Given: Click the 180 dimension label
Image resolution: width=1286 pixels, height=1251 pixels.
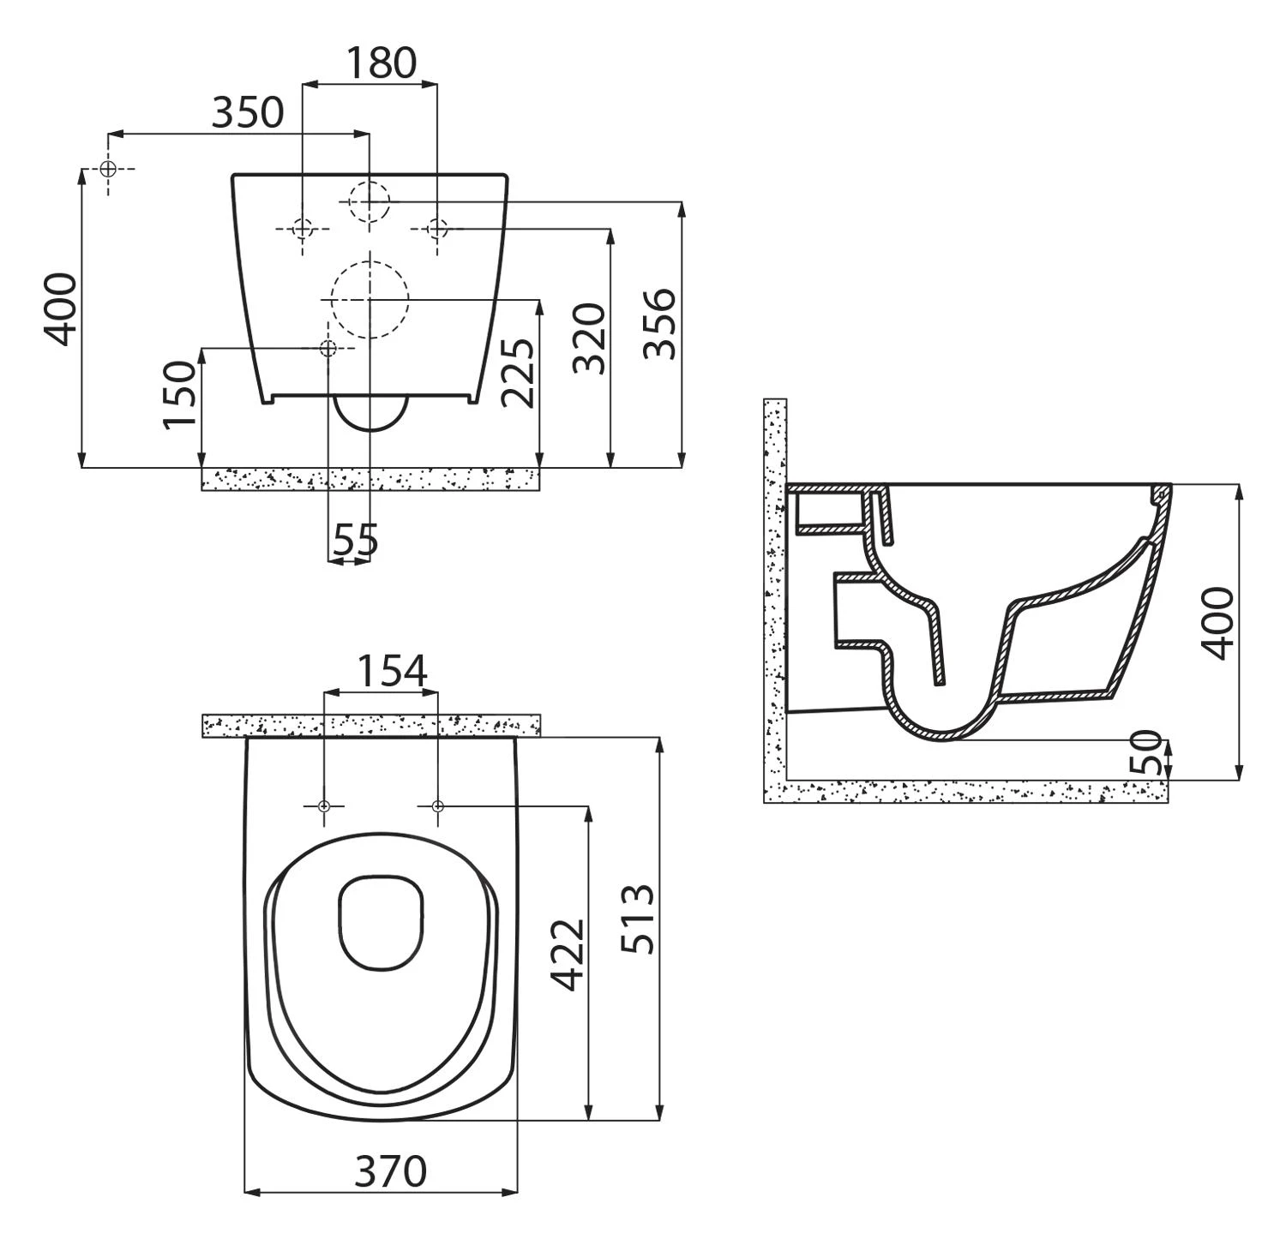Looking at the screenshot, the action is click(382, 63).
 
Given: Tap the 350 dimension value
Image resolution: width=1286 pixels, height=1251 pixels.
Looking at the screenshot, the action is click(247, 112).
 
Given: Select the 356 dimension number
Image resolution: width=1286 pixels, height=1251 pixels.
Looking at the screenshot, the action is click(660, 323).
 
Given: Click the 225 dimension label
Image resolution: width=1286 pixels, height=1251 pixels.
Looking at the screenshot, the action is click(519, 372).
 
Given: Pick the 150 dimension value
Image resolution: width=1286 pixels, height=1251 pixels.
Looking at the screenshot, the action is click(181, 393).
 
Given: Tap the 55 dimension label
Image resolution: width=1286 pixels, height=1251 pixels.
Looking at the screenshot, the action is click(355, 540).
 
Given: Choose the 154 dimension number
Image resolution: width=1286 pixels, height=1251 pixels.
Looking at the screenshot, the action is click(391, 672).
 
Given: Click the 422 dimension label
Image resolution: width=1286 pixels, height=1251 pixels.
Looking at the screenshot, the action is click(567, 955).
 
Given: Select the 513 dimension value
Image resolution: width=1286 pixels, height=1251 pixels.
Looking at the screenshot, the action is click(638, 919).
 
